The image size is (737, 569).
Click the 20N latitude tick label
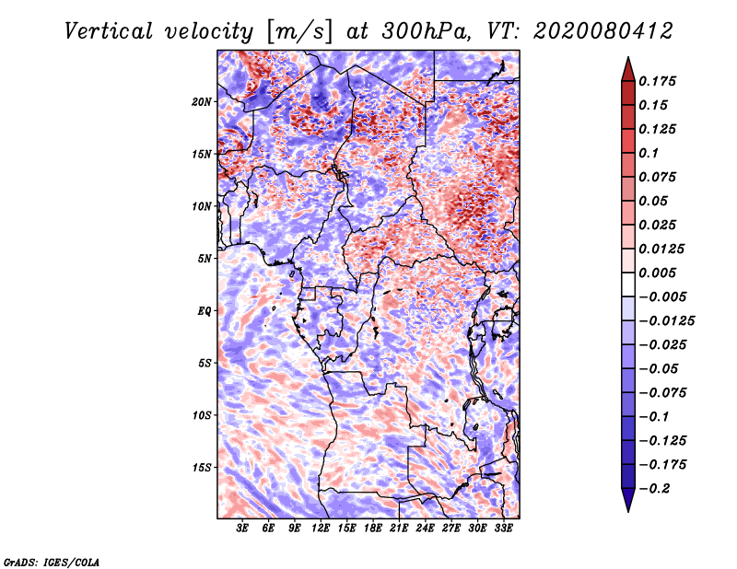pyautogui.click(x=201, y=102)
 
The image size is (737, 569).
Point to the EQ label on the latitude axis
pyautogui.click(x=204, y=311)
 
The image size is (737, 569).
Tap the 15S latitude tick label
pyautogui.click(x=201, y=468)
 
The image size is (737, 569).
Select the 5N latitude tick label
pyautogui.click(x=204, y=259)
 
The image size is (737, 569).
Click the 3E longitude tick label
pyautogui.click(x=242, y=528)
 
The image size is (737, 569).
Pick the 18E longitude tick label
pyautogui.click(x=372, y=528)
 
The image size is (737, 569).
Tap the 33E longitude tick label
pyautogui.click(x=503, y=528)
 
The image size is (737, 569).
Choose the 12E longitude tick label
pyautogui.click(x=320, y=528)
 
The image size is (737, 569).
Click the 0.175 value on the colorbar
pyautogui.click(x=657, y=81)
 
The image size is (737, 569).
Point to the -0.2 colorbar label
pyautogui.click(x=654, y=489)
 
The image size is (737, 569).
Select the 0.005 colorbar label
pyautogui.click(x=657, y=273)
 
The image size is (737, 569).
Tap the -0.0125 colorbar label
pyautogui.click(x=666, y=321)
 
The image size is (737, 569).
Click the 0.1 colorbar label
pyautogui.click(x=649, y=153)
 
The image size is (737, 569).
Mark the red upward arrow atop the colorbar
pyautogui.click(x=628, y=70)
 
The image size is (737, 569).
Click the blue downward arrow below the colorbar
pyautogui.click(x=628, y=500)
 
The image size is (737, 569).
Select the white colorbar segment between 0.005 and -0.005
pyautogui.click(x=628, y=284)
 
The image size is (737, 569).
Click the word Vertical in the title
pyautogui.click(x=109, y=31)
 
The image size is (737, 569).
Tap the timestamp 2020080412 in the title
pyautogui.click(x=603, y=31)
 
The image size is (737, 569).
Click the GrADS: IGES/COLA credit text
pyautogui.click(x=52, y=562)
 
